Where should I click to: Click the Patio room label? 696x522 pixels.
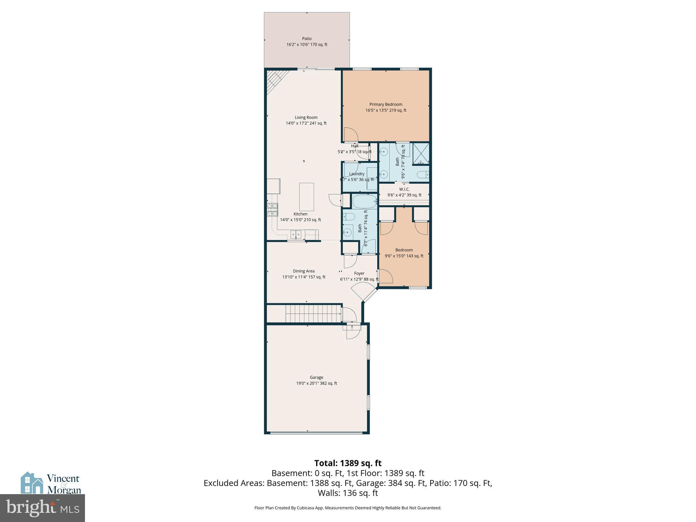point(307,39)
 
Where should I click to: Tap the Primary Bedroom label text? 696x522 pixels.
point(386,104)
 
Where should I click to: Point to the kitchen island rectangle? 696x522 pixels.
point(306,197)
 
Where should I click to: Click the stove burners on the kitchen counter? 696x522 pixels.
point(273,210)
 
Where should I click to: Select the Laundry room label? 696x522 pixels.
point(356,174)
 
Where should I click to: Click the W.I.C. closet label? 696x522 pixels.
point(404,189)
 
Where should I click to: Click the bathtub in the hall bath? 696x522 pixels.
point(364,202)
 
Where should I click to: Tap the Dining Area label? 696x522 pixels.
point(303,271)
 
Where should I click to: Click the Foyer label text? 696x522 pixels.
point(359,273)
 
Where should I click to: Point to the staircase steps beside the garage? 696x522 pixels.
point(313,313)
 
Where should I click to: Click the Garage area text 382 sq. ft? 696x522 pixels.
point(328,383)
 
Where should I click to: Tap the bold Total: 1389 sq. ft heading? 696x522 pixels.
point(348,463)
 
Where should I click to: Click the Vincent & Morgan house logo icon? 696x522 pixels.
point(32,483)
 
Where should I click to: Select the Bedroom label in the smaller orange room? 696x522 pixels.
point(404,250)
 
